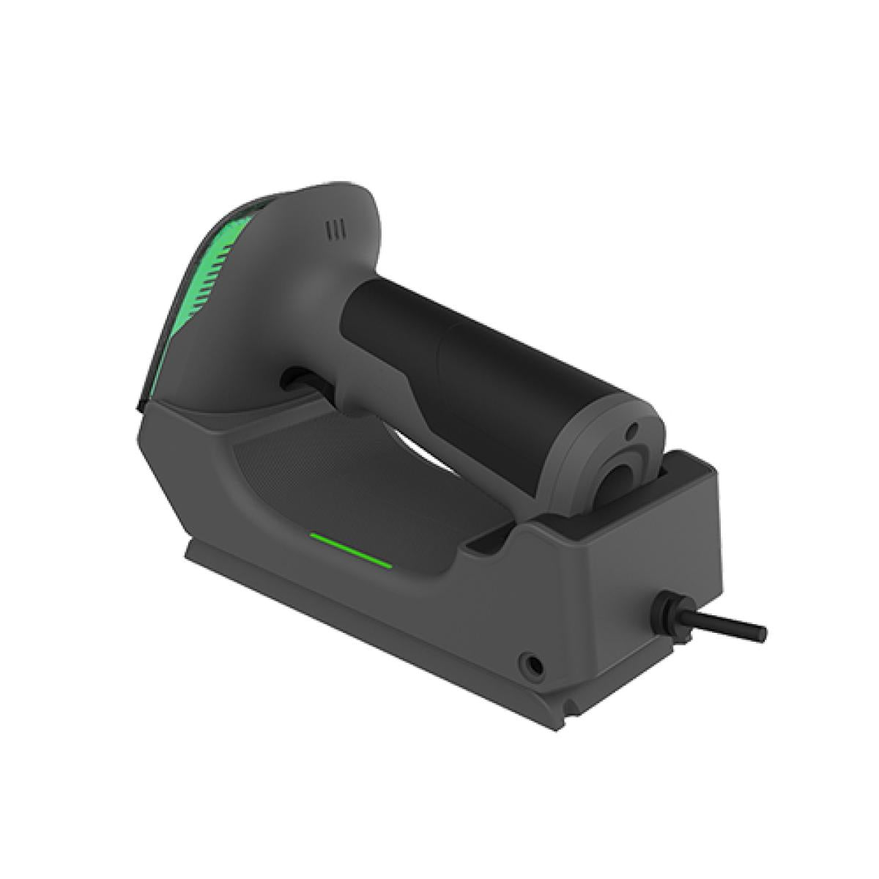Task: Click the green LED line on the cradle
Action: pyautogui.click(x=349, y=549)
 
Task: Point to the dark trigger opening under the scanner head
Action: pyautogui.click(x=293, y=382)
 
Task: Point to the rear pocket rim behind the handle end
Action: pyautogui.click(x=689, y=469)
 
